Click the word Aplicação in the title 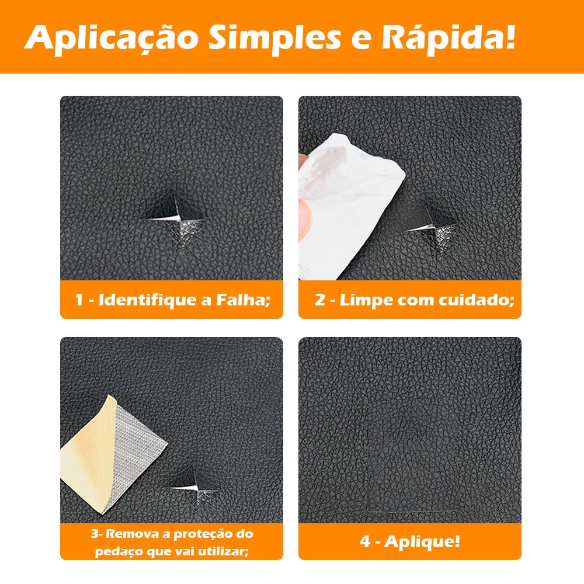coord(111,39)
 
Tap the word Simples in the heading coord(274,39)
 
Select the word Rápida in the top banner coord(445,37)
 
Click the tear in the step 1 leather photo coord(176,220)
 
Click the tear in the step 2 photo coord(432,229)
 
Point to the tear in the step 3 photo coord(194,488)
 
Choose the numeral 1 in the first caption coord(79,300)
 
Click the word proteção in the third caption coord(202,535)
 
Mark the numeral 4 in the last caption coord(365,541)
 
